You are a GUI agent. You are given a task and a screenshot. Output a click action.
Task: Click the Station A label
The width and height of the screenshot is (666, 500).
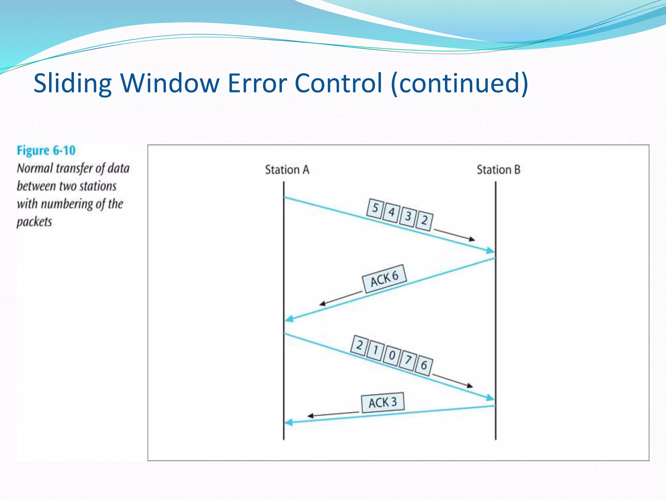(287, 170)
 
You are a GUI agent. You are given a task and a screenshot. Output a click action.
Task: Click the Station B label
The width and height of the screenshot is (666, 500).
(498, 170)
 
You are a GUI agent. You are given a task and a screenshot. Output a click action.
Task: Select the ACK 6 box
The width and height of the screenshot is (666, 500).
(384, 279)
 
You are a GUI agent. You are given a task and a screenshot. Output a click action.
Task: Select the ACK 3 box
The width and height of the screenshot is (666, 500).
(383, 403)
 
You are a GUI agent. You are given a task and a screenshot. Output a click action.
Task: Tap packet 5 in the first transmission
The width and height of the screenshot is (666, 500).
(375, 208)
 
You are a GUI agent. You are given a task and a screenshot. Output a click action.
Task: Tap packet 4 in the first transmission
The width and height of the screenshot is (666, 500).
(391, 213)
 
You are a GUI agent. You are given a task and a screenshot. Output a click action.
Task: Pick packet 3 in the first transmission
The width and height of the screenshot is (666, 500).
(408, 216)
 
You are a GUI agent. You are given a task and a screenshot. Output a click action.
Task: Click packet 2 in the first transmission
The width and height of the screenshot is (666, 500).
(424, 221)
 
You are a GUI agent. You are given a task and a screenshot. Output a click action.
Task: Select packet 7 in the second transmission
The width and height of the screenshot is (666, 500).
(408, 360)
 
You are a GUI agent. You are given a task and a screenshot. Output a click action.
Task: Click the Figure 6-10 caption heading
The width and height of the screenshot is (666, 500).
(46, 151)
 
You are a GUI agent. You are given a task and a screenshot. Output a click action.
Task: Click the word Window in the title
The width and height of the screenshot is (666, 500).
(170, 83)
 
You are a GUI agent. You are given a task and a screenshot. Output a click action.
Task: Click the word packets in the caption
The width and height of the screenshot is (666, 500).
(34, 222)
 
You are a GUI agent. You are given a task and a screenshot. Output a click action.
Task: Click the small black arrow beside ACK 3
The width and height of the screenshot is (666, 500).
(333, 414)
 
